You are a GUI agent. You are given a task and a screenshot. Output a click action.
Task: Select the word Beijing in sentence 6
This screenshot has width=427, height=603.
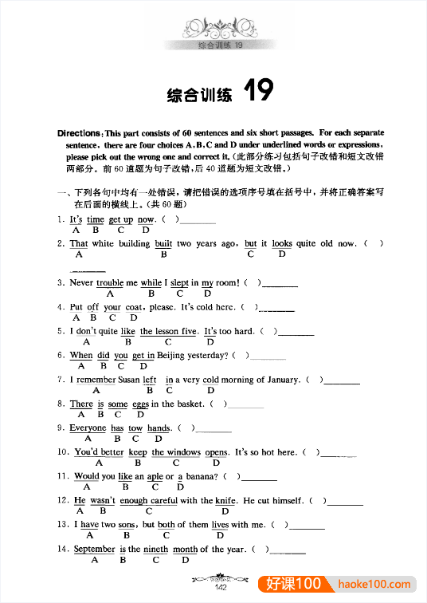[174, 356]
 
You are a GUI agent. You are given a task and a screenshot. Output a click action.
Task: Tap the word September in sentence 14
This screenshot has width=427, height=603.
[95, 549]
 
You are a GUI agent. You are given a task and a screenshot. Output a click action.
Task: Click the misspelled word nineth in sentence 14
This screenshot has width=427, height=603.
[156, 549]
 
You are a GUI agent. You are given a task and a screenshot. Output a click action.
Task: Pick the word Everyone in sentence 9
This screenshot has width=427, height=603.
[88, 428]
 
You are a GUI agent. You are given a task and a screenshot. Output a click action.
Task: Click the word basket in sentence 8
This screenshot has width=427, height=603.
[190, 404]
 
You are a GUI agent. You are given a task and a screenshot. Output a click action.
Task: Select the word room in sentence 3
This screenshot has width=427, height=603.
[226, 282]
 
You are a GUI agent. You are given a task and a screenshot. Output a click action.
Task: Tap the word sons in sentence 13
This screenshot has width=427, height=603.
[126, 525]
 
